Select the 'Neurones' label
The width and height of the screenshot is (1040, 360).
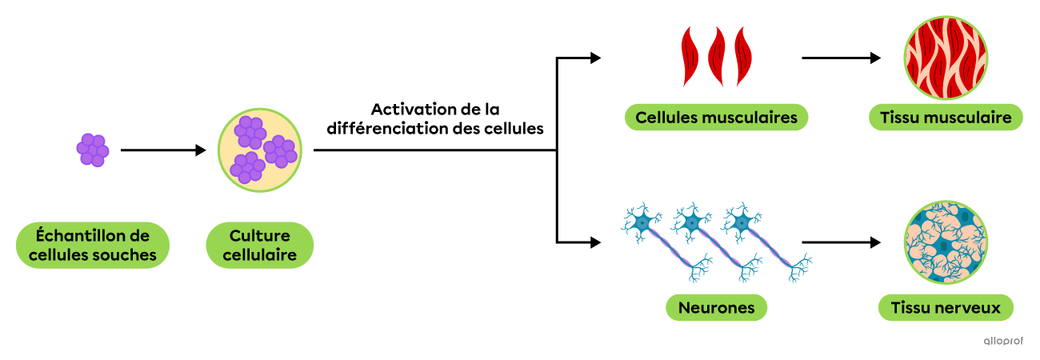[716, 308]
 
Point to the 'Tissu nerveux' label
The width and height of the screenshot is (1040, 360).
[946, 308]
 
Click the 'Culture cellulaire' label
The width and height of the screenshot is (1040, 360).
[259, 246]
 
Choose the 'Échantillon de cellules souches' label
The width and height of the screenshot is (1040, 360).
[93, 246]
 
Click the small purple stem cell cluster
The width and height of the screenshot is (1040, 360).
[93, 150]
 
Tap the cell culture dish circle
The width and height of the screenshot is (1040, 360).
[259, 150]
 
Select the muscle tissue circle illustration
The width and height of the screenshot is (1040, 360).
[946, 56]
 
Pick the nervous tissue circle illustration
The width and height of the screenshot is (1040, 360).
[946, 242]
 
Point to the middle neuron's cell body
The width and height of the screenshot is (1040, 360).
[691, 222]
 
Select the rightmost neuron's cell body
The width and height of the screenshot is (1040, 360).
[742, 222]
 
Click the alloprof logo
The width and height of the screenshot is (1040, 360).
[1002, 341]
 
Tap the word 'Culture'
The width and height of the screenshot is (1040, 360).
[259, 236]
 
